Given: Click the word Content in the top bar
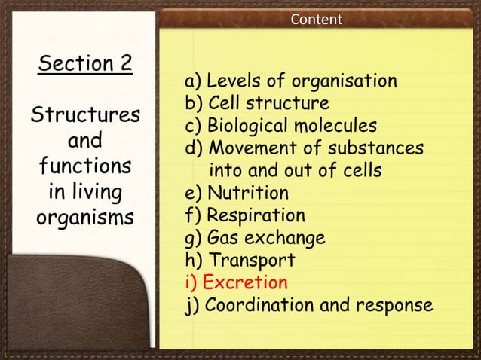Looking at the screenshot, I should [x=317, y=18].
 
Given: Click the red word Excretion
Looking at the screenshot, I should [x=246, y=283].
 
